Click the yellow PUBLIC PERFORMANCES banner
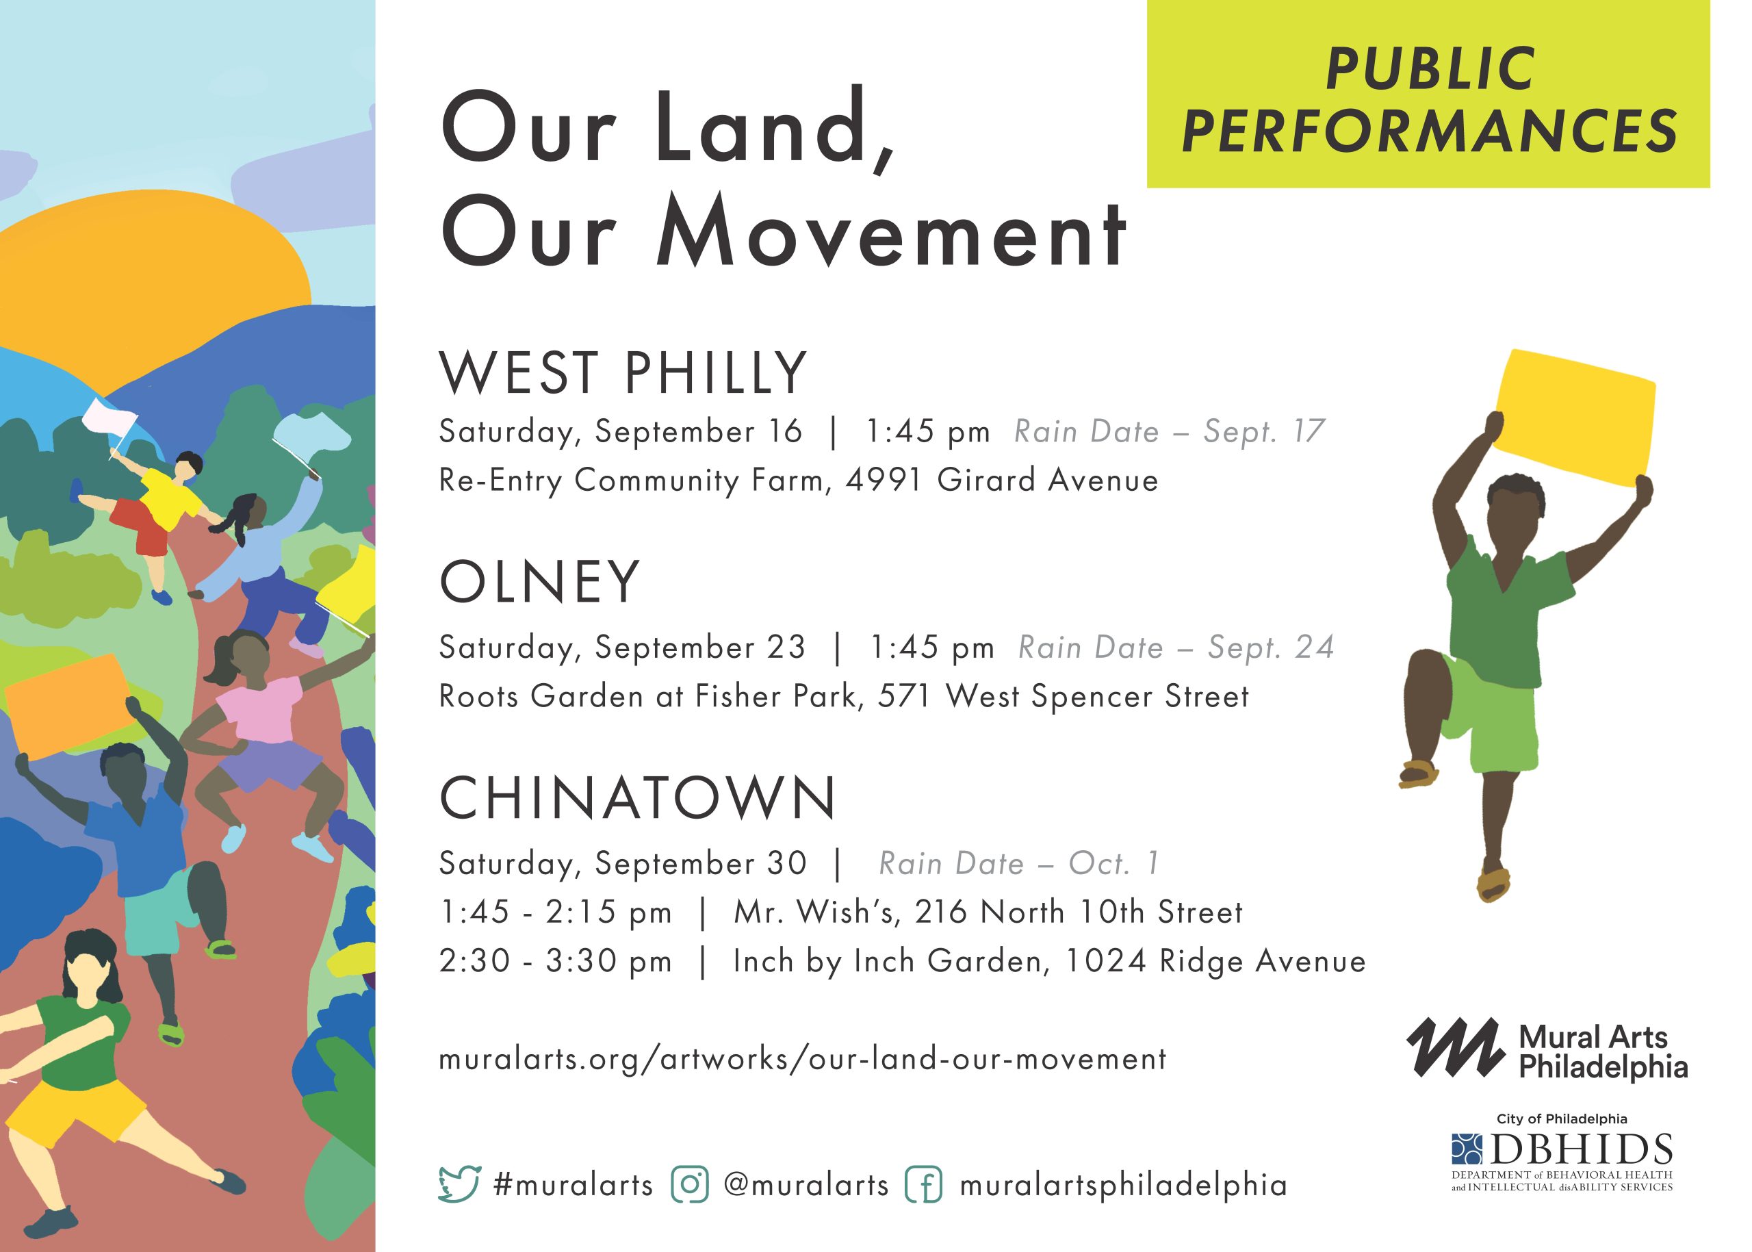point(1428,94)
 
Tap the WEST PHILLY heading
point(623,373)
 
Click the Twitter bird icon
point(459,1184)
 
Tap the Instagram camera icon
point(690,1184)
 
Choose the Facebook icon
point(923,1184)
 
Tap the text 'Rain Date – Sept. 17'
point(1170,432)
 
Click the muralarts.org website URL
point(802,1058)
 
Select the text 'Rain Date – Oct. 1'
point(1019,863)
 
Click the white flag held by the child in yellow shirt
point(109,420)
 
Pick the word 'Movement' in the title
point(890,233)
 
